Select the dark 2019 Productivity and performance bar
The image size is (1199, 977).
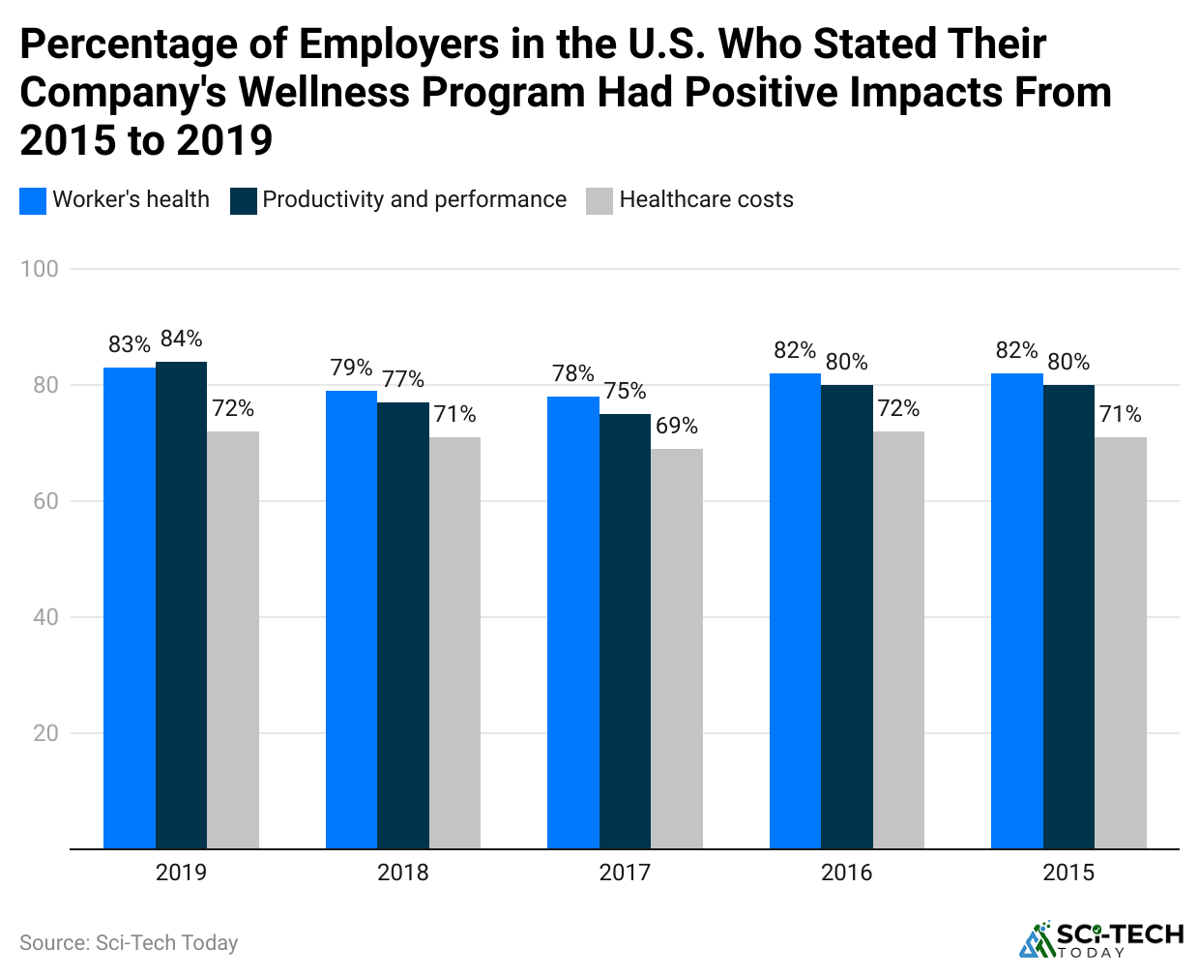point(181,605)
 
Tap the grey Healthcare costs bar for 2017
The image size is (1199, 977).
point(677,648)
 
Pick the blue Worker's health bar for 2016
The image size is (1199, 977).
point(795,610)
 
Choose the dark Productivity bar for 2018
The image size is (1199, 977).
point(403,625)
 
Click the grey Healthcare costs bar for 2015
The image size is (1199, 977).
point(1121,642)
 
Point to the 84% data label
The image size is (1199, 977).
point(181,339)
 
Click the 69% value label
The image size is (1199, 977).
point(677,426)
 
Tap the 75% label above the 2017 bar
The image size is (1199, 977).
point(625,391)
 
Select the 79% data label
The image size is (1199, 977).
point(351,368)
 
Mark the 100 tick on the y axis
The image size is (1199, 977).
point(40,269)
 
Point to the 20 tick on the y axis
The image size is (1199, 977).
point(45,733)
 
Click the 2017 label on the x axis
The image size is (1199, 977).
point(625,873)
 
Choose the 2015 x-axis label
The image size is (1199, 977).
point(1068,873)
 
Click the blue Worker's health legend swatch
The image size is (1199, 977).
point(33,200)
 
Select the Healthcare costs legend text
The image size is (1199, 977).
point(706,199)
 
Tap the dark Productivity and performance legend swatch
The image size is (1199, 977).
point(244,200)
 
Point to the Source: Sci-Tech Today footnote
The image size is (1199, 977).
point(129,942)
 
